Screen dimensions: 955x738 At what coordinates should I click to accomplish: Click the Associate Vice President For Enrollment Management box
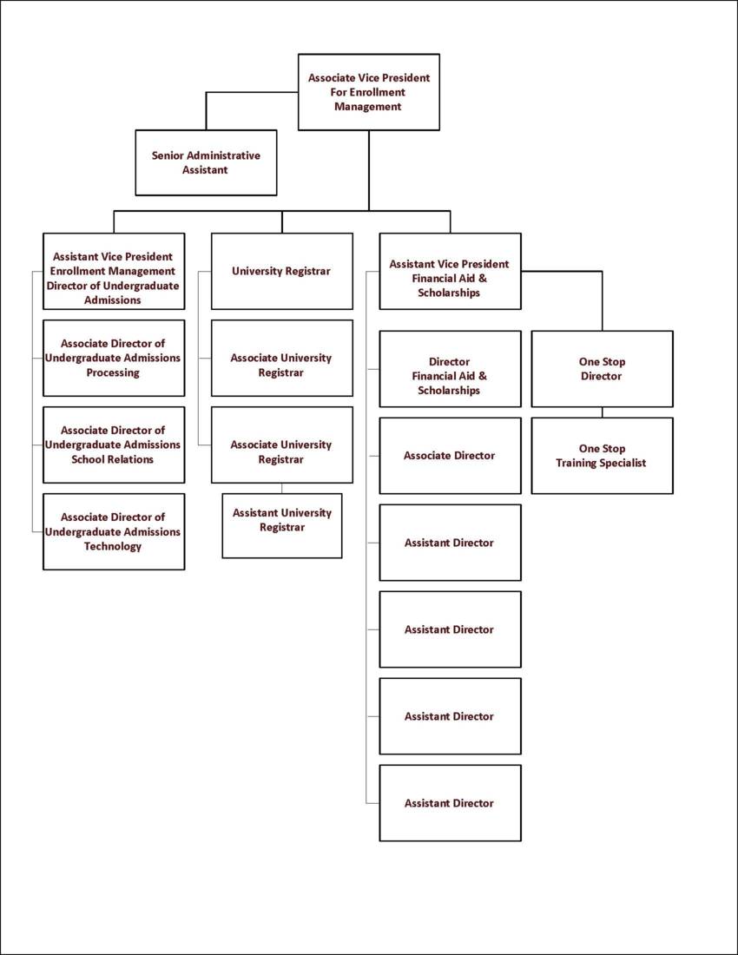click(368, 92)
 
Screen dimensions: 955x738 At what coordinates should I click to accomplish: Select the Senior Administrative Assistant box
click(206, 162)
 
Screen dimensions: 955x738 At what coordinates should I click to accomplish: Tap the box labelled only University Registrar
click(281, 271)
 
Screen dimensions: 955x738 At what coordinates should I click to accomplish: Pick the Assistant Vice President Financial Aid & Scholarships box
click(450, 271)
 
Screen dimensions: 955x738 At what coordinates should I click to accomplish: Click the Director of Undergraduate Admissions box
click(114, 271)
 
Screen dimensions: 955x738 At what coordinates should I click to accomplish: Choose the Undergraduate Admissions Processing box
click(114, 358)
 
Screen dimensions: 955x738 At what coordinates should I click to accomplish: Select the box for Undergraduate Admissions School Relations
click(114, 445)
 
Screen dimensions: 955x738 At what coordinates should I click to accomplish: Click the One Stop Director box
click(602, 368)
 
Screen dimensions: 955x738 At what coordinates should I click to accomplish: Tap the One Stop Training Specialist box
click(602, 455)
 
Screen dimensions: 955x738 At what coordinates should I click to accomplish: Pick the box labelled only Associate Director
click(450, 455)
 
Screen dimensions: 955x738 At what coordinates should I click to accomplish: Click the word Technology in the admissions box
click(113, 546)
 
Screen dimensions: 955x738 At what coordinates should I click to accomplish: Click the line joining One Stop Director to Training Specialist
click(602, 412)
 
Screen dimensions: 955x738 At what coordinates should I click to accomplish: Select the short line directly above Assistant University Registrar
click(281, 488)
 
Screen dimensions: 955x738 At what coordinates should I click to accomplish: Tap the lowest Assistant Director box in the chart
click(450, 802)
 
